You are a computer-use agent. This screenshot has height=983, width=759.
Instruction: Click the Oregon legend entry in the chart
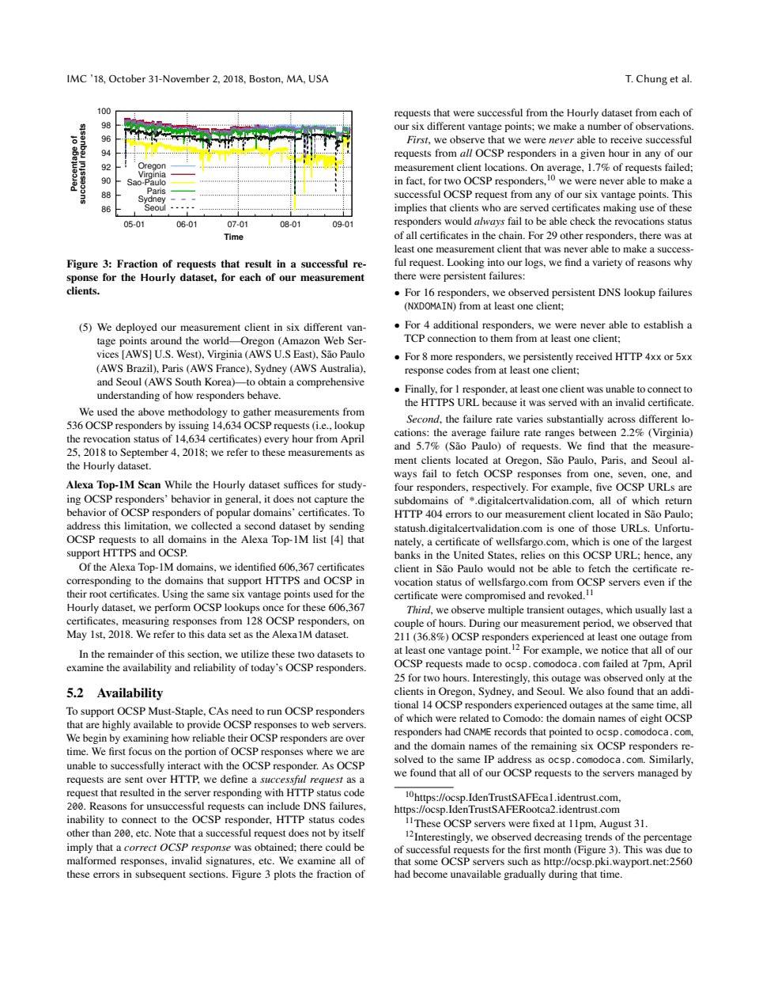[x=152, y=166]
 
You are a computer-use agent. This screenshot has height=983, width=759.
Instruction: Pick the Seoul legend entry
[x=155, y=208]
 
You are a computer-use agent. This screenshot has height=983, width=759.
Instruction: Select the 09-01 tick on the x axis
[x=342, y=224]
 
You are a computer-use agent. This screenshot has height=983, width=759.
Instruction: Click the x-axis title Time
[x=233, y=237]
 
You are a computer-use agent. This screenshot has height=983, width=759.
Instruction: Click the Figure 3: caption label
[x=89, y=264]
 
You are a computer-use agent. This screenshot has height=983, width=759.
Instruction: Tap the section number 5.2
[x=77, y=693]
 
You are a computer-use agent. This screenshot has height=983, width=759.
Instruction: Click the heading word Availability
[x=130, y=693]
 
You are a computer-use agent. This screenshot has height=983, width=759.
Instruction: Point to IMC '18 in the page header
[x=84, y=78]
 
